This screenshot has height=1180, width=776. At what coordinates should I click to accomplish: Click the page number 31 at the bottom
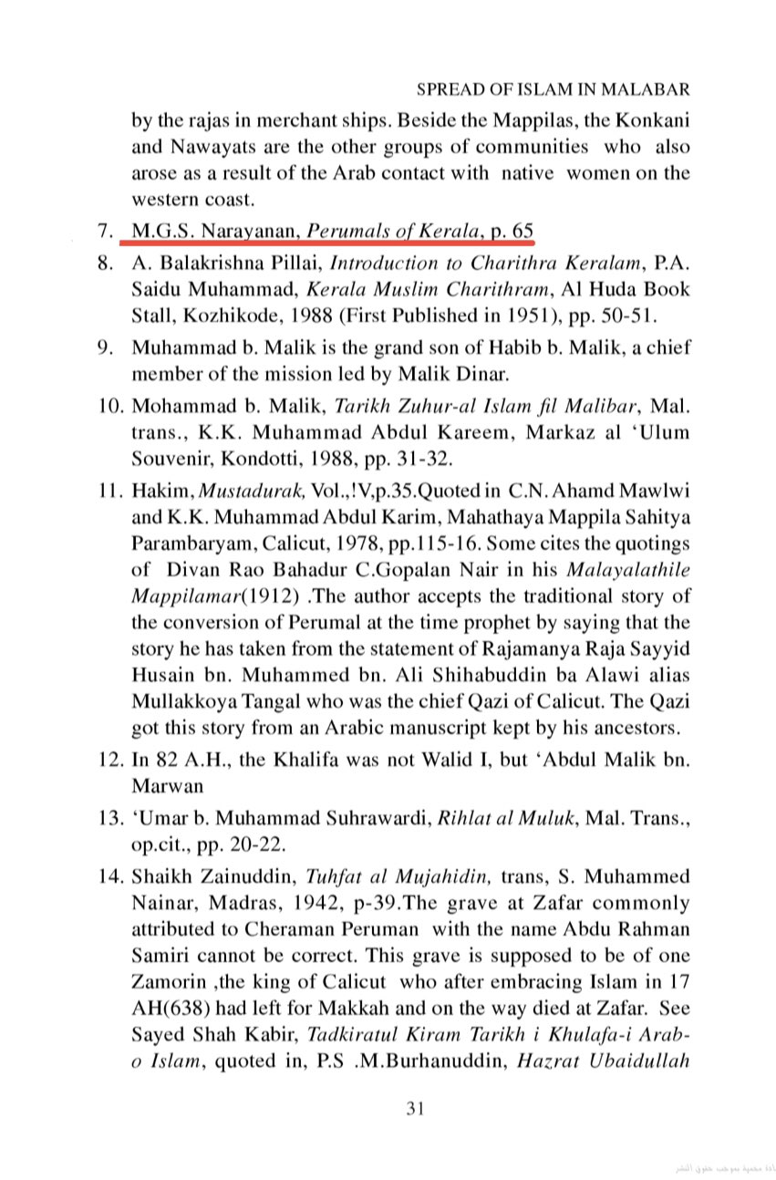(x=415, y=1110)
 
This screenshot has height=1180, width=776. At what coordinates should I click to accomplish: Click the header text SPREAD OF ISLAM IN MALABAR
(x=552, y=90)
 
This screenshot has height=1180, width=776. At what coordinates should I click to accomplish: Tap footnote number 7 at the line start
(x=103, y=231)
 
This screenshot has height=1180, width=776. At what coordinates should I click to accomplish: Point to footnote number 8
(x=103, y=266)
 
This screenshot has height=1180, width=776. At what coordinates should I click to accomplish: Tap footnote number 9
(x=103, y=349)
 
